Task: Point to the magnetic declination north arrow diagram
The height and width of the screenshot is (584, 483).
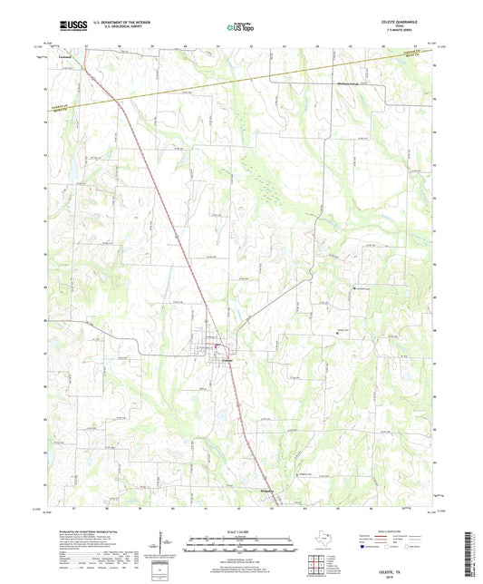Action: tap(162, 543)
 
